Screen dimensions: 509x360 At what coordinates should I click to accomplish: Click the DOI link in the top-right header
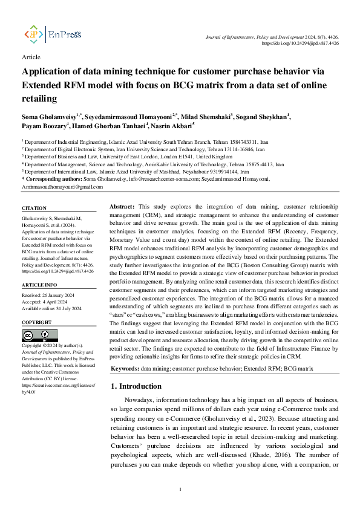click(x=300, y=44)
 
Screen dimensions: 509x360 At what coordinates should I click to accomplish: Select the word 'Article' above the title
click(x=31, y=57)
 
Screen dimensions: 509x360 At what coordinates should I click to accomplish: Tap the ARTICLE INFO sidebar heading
click(x=39, y=284)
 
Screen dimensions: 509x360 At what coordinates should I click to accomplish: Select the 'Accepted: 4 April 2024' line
click(x=46, y=303)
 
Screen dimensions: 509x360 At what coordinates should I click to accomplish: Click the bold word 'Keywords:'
click(x=126, y=368)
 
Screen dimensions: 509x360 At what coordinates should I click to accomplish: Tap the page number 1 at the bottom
click(x=180, y=489)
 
